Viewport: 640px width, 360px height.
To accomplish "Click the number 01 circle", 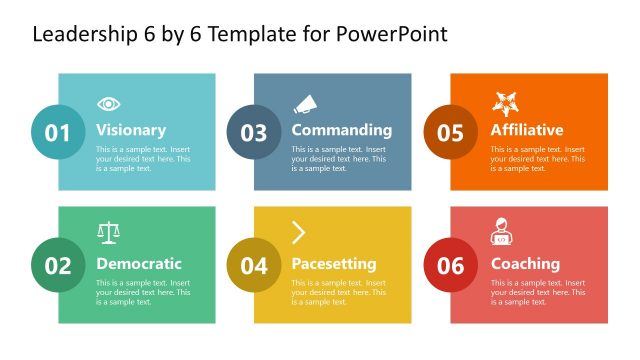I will tap(58, 132).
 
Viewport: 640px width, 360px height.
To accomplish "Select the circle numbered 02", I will tap(58, 265).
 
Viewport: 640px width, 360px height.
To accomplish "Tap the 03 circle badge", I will tap(254, 132).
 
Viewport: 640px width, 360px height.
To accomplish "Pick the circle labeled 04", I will tap(254, 265).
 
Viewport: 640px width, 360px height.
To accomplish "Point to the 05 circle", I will tap(450, 132).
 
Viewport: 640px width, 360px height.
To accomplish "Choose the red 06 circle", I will tap(450, 265).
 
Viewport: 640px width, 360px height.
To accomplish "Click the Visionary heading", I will tap(131, 130).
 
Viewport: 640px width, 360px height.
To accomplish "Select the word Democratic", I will tap(139, 264).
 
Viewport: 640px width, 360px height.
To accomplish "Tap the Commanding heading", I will tap(341, 130).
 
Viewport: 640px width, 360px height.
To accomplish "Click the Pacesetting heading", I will tap(334, 264).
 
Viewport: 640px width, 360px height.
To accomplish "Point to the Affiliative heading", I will tap(526, 130).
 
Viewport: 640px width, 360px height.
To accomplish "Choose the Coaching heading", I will tap(525, 264).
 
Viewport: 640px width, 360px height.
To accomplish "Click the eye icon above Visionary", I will tap(108, 104).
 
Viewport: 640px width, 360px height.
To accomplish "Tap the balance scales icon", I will tap(108, 233).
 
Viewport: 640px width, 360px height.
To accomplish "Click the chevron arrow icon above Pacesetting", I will tap(299, 233).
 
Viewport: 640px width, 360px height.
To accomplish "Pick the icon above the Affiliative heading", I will tap(503, 103).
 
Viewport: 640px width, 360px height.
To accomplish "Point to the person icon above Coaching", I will tap(501, 233).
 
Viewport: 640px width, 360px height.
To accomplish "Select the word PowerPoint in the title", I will tap(394, 34).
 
